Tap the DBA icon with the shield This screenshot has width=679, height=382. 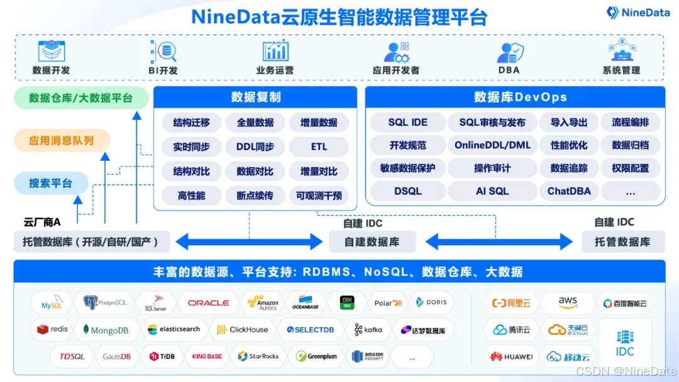click(x=510, y=52)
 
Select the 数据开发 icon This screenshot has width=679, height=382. click(x=51, y=51)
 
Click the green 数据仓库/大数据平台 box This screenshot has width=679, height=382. click(x=81, y=99)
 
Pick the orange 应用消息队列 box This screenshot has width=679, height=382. click(x=62, y=141)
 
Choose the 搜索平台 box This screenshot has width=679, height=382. click(x=50, y=183)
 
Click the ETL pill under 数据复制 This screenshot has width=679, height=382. click(x=319, y=147)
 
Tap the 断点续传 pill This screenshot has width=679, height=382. click(x=255, y=195)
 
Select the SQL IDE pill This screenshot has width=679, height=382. click(x=407, y=123)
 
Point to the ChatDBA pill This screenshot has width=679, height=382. click(x=569, y=191)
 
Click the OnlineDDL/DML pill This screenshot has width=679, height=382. click(x=492, y=145)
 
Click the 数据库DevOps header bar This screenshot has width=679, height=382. click(x=515, y=97)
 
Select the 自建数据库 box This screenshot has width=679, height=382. click(x=372, y=242)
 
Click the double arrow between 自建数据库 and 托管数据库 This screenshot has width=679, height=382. click(x=499, y=242)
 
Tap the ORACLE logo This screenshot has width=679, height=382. click(x=208, y=303)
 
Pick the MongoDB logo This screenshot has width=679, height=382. click(x=106, y=330)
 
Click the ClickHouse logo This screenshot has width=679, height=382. click(x=242, y=330)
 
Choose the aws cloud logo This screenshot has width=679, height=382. click(x=568, y=303)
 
